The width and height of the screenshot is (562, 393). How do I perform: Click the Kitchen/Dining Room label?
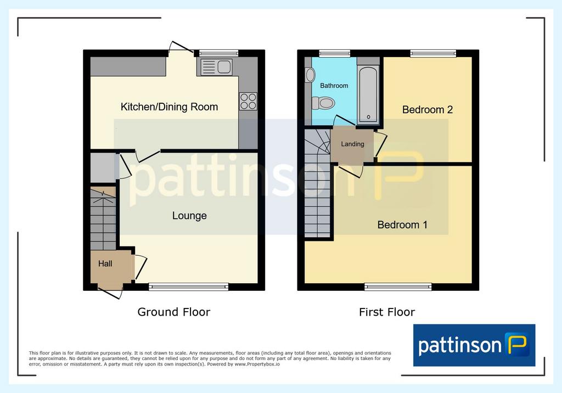point(169,107)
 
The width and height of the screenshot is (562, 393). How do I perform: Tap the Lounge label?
point(189,216)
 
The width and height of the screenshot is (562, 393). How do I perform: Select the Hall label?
point(105,263)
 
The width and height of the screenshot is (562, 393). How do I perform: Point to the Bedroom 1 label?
point(402,225)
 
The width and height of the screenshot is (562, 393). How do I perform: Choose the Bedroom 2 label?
point(427,110)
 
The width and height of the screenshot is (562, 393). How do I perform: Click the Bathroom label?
point(334,86)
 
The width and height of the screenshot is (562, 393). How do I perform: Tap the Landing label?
point(352,144)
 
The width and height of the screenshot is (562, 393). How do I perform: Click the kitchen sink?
point(216,67)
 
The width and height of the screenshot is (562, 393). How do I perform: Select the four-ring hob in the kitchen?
point(248,101)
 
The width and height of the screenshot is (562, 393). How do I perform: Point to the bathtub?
point(368,94)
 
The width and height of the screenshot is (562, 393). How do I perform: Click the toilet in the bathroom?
point(323,103)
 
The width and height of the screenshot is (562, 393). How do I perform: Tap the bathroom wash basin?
point(310,75)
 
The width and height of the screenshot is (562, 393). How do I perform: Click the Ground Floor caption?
point(174,312)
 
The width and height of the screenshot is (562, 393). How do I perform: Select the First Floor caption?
point(387,312)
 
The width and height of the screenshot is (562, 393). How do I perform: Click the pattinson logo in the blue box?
point(474,345)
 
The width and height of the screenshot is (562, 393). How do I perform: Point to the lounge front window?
point(189,287)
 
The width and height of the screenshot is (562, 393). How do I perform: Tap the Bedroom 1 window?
point(398,287)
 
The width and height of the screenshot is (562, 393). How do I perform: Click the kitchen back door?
point(181,48)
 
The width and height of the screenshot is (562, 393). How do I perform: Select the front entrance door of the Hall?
point(110,293)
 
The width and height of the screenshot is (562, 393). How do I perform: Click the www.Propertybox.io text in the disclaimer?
point(257,364)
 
